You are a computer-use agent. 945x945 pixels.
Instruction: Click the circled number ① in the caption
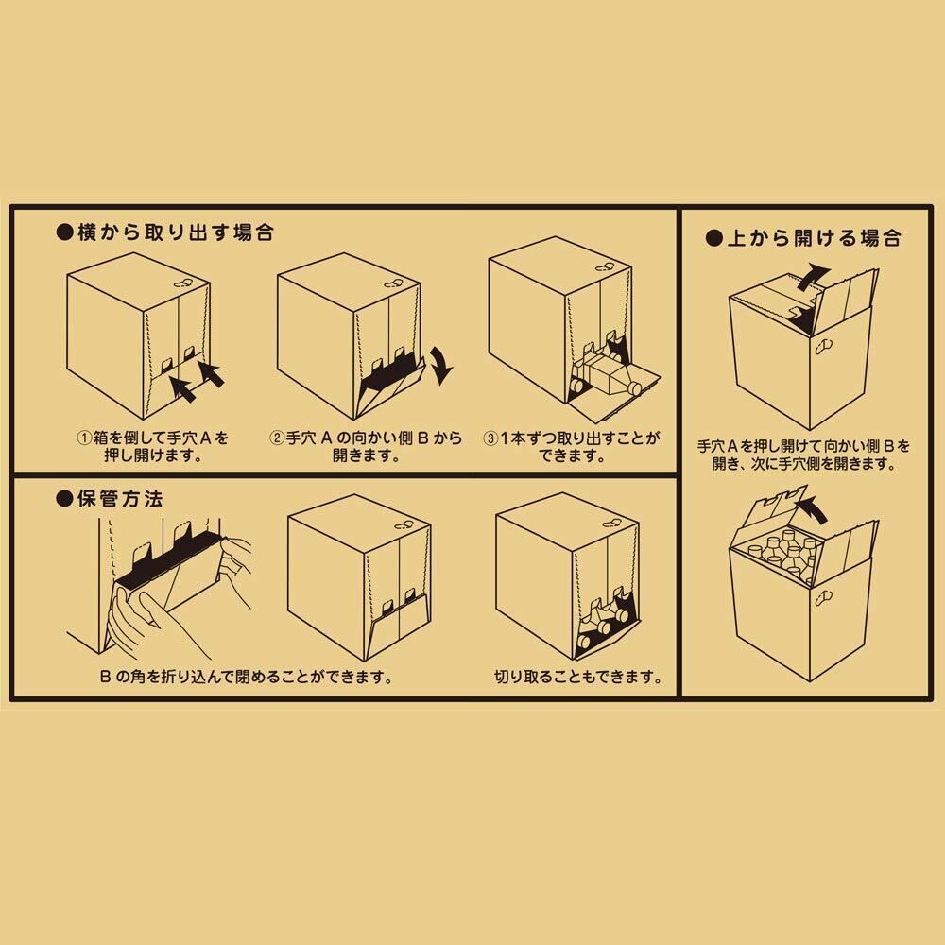point(85,438)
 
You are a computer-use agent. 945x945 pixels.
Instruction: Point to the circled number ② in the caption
point(278,438)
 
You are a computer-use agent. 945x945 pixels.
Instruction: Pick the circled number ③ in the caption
point(490,438)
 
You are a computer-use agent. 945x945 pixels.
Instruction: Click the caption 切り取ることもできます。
point(576,678)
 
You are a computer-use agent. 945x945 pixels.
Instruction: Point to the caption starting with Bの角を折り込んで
point(245,678)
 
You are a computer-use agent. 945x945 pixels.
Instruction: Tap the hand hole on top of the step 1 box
point(183,283)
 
